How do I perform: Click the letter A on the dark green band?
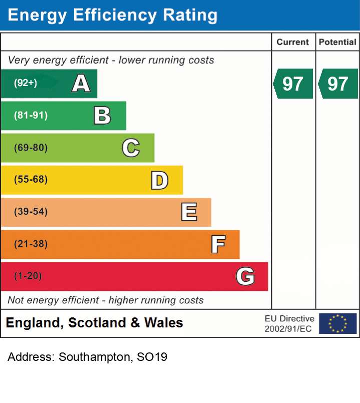point(81,83)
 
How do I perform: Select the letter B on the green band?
point(102,116)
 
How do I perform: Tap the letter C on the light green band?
point(131,148)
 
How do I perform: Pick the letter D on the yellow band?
point(159,180)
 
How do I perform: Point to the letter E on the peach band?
point(189,212)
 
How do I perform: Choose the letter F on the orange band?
point(218,244)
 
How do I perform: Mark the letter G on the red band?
point(245,276)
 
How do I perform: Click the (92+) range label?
point(26,83)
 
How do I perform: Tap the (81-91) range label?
point(31,116)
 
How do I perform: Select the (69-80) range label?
point(31,148)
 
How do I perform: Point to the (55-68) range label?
point(31,179)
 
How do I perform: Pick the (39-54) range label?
point(31,212)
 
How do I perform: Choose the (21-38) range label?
point(31,244)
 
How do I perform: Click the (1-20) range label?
point(28,276)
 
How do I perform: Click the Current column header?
point(292,42)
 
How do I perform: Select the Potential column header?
point(337,42)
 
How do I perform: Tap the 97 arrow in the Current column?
point(293,84)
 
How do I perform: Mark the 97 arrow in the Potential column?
point(338,84)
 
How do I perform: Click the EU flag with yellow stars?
point(338,323)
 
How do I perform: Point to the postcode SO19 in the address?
point(152,357)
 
